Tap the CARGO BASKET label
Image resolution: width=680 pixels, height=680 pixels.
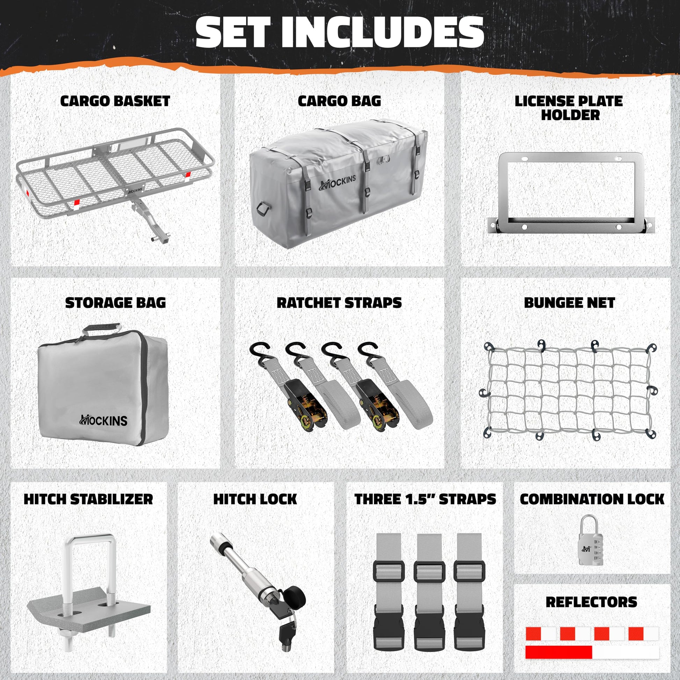click(115, 101)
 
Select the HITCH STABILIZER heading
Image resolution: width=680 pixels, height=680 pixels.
click(88, 499)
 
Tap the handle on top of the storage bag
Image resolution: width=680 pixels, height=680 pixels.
click(102, 330)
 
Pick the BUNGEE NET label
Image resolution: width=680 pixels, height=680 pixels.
click(570, 303)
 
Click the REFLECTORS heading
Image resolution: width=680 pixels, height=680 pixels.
click(591, 602)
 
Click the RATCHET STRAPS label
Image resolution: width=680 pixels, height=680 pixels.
click(339, 303)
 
